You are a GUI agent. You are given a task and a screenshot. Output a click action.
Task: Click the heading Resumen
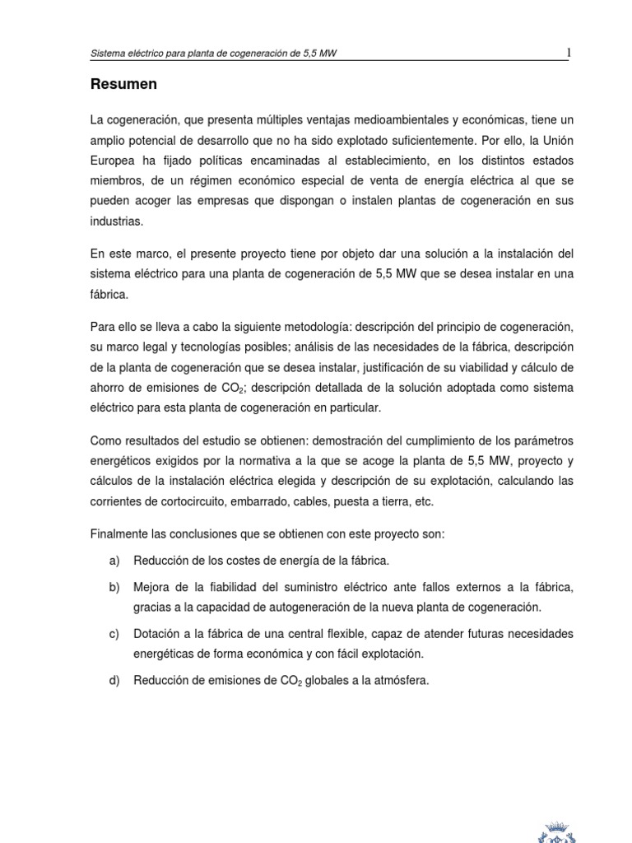[x=123, y=85]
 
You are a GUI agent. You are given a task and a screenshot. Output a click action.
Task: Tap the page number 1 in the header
[x=568, y=54]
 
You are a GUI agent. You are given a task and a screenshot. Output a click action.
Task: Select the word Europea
[x=114, y=161]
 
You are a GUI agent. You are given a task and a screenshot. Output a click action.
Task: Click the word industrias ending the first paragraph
[x=117, y=221]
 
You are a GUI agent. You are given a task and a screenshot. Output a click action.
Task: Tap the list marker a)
[x=114, y=561]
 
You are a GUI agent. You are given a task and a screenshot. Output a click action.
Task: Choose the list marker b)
[x=114, y=588]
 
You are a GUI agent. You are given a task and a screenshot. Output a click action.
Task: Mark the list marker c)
[x=114, y=634]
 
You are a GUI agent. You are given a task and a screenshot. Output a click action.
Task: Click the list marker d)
[x=114, y=680]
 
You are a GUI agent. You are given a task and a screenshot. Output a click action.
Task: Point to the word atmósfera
[x=402, y=680]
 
